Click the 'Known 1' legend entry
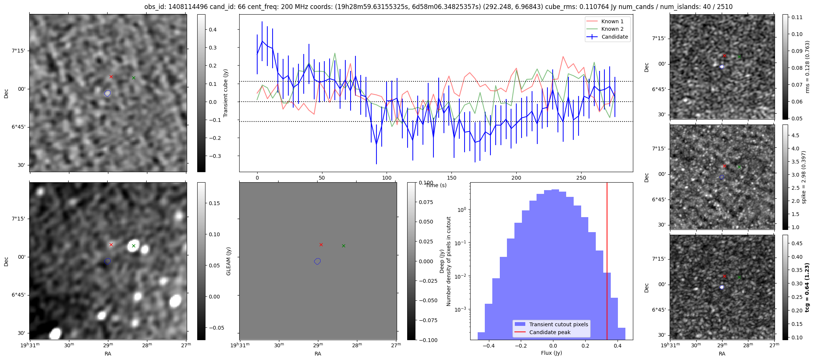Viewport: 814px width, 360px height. coord(612,21)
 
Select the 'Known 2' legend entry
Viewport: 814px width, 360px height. coord(612,29)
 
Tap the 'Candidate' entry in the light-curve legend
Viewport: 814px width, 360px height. coord(615,37)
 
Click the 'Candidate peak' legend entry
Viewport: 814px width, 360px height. coord(550,332)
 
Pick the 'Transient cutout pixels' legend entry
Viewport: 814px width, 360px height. coord(558,324)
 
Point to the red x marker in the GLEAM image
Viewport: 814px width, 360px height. coord(111,244)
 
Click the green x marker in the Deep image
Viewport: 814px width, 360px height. coord(343,246)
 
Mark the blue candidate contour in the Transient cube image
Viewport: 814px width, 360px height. coord(108,93)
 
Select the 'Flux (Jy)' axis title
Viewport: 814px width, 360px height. coord(551,353)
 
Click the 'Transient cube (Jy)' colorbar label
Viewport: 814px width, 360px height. coord(226,93)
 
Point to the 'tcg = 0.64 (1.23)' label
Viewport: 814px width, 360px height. coord(807,287)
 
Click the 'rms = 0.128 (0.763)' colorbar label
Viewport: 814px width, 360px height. coord(807,67)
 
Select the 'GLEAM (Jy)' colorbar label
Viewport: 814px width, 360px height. coord(228,261)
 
